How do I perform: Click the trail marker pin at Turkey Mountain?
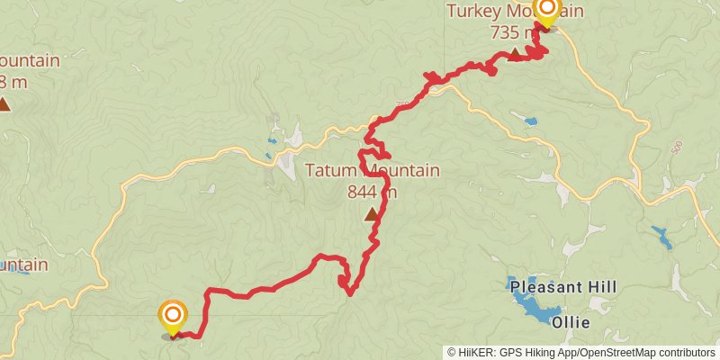547,11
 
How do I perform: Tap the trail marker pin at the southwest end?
172,317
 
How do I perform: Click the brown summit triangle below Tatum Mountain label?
371,215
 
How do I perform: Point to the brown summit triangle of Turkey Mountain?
514,55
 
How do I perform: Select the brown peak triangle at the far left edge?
4,104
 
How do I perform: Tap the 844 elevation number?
364,191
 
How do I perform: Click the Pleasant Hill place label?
562,287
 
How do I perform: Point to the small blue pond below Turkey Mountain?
531,121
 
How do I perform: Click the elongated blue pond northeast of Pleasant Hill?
662,238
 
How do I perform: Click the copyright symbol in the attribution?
452,352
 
